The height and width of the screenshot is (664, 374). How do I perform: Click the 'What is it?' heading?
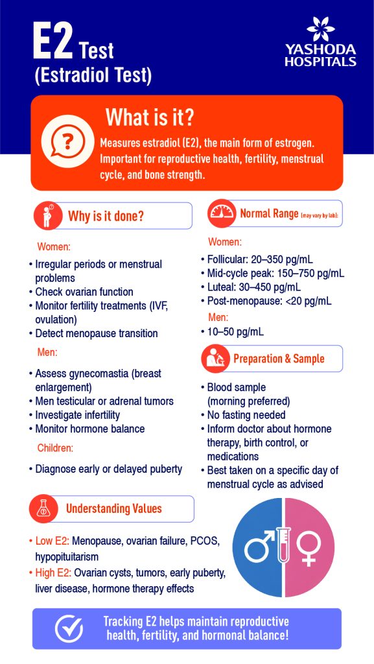point(149,117)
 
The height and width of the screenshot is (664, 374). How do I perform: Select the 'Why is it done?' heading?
point(106,216)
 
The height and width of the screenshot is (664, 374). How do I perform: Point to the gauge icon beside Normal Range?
point(222,213)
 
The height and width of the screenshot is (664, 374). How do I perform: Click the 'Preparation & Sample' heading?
point(279,359)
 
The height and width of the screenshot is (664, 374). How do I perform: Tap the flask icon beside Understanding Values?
point(43,509)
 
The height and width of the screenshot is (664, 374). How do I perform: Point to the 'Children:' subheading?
point(55,447)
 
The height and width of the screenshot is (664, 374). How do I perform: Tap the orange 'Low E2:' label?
point(49,541)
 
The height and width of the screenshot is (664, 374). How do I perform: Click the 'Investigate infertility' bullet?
point(77,414)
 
